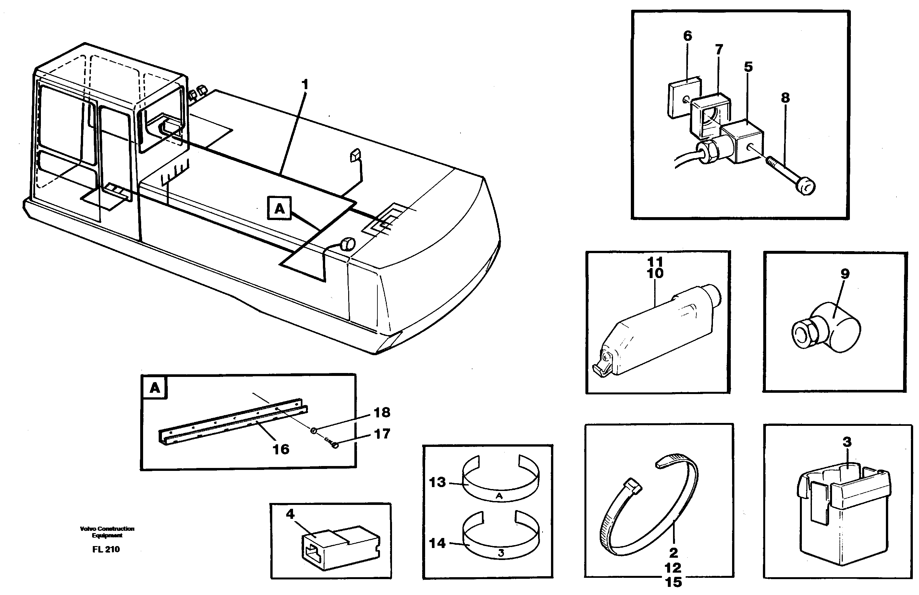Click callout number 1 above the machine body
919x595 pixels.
(x=305, y=85)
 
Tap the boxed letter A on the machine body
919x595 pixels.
(x=279, y=209)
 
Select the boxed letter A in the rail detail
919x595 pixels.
(x=154, y=388)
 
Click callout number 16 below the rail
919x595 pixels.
(x=281, y=449)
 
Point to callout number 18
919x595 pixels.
(x=382, y=413)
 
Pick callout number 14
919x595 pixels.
(x=437, y=543)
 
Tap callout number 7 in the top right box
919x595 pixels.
(x=718, y=50)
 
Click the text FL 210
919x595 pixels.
(x=106, y=549)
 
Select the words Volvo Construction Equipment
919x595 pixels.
(x=107, y=532)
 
